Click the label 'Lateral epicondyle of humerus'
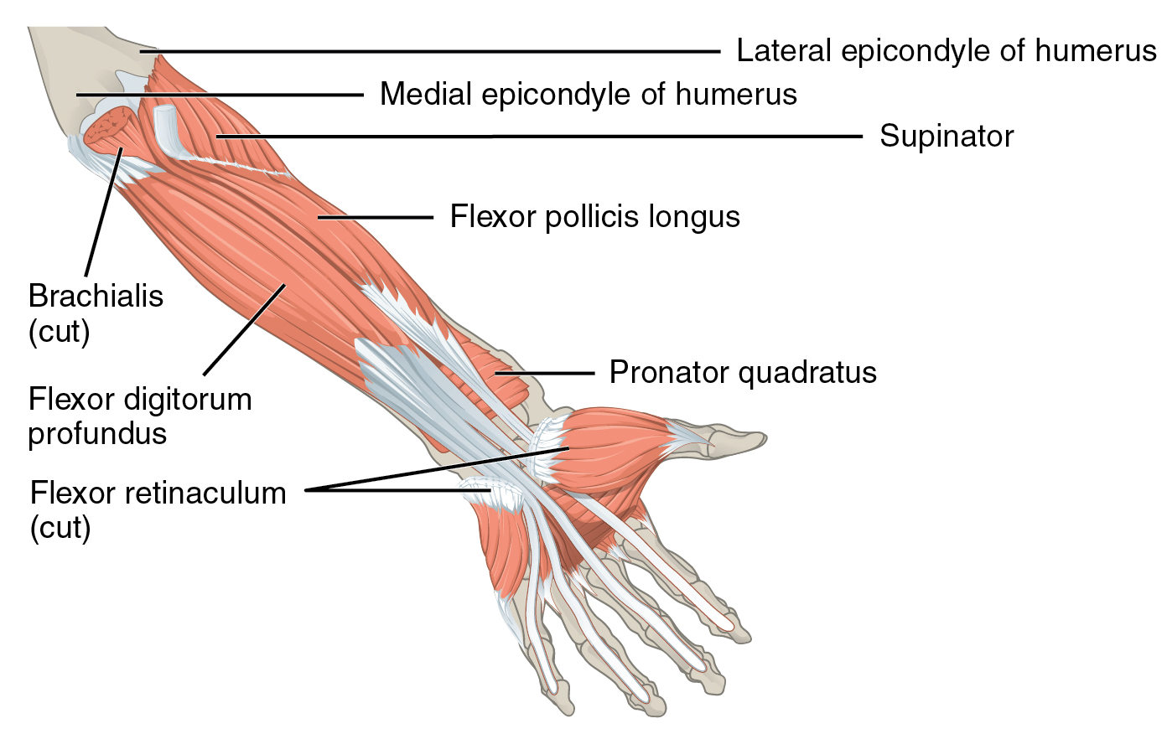946,51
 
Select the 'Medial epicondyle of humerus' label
588,94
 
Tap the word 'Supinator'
946,136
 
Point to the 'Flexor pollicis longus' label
594,217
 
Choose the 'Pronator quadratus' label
742,372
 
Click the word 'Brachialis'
96,296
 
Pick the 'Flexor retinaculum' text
158,493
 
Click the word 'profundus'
97,433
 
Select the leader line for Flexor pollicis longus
377,218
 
